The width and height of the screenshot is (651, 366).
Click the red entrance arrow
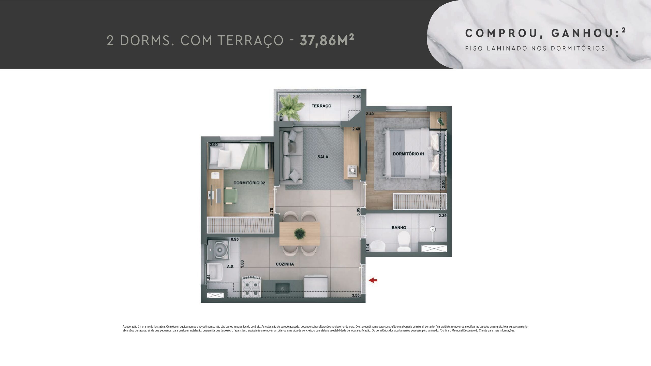point(373,280)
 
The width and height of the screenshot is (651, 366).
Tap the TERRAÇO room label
point(321,106)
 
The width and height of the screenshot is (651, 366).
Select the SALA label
point(323,157)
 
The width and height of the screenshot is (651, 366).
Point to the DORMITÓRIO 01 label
point(408,154)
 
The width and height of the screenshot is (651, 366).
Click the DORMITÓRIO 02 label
point(249,183)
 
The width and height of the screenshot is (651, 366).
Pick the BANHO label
point(399,227)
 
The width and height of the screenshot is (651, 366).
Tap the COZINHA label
point(285,264)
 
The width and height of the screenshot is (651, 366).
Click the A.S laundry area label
point(230,266)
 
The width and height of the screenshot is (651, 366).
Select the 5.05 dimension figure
point(358,212)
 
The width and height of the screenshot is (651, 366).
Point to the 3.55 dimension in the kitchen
point(356,295)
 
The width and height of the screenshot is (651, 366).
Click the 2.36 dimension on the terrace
point(356,97)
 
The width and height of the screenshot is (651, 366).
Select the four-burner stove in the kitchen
point(252,287)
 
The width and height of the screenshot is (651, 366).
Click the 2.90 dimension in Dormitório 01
point(444,184)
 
